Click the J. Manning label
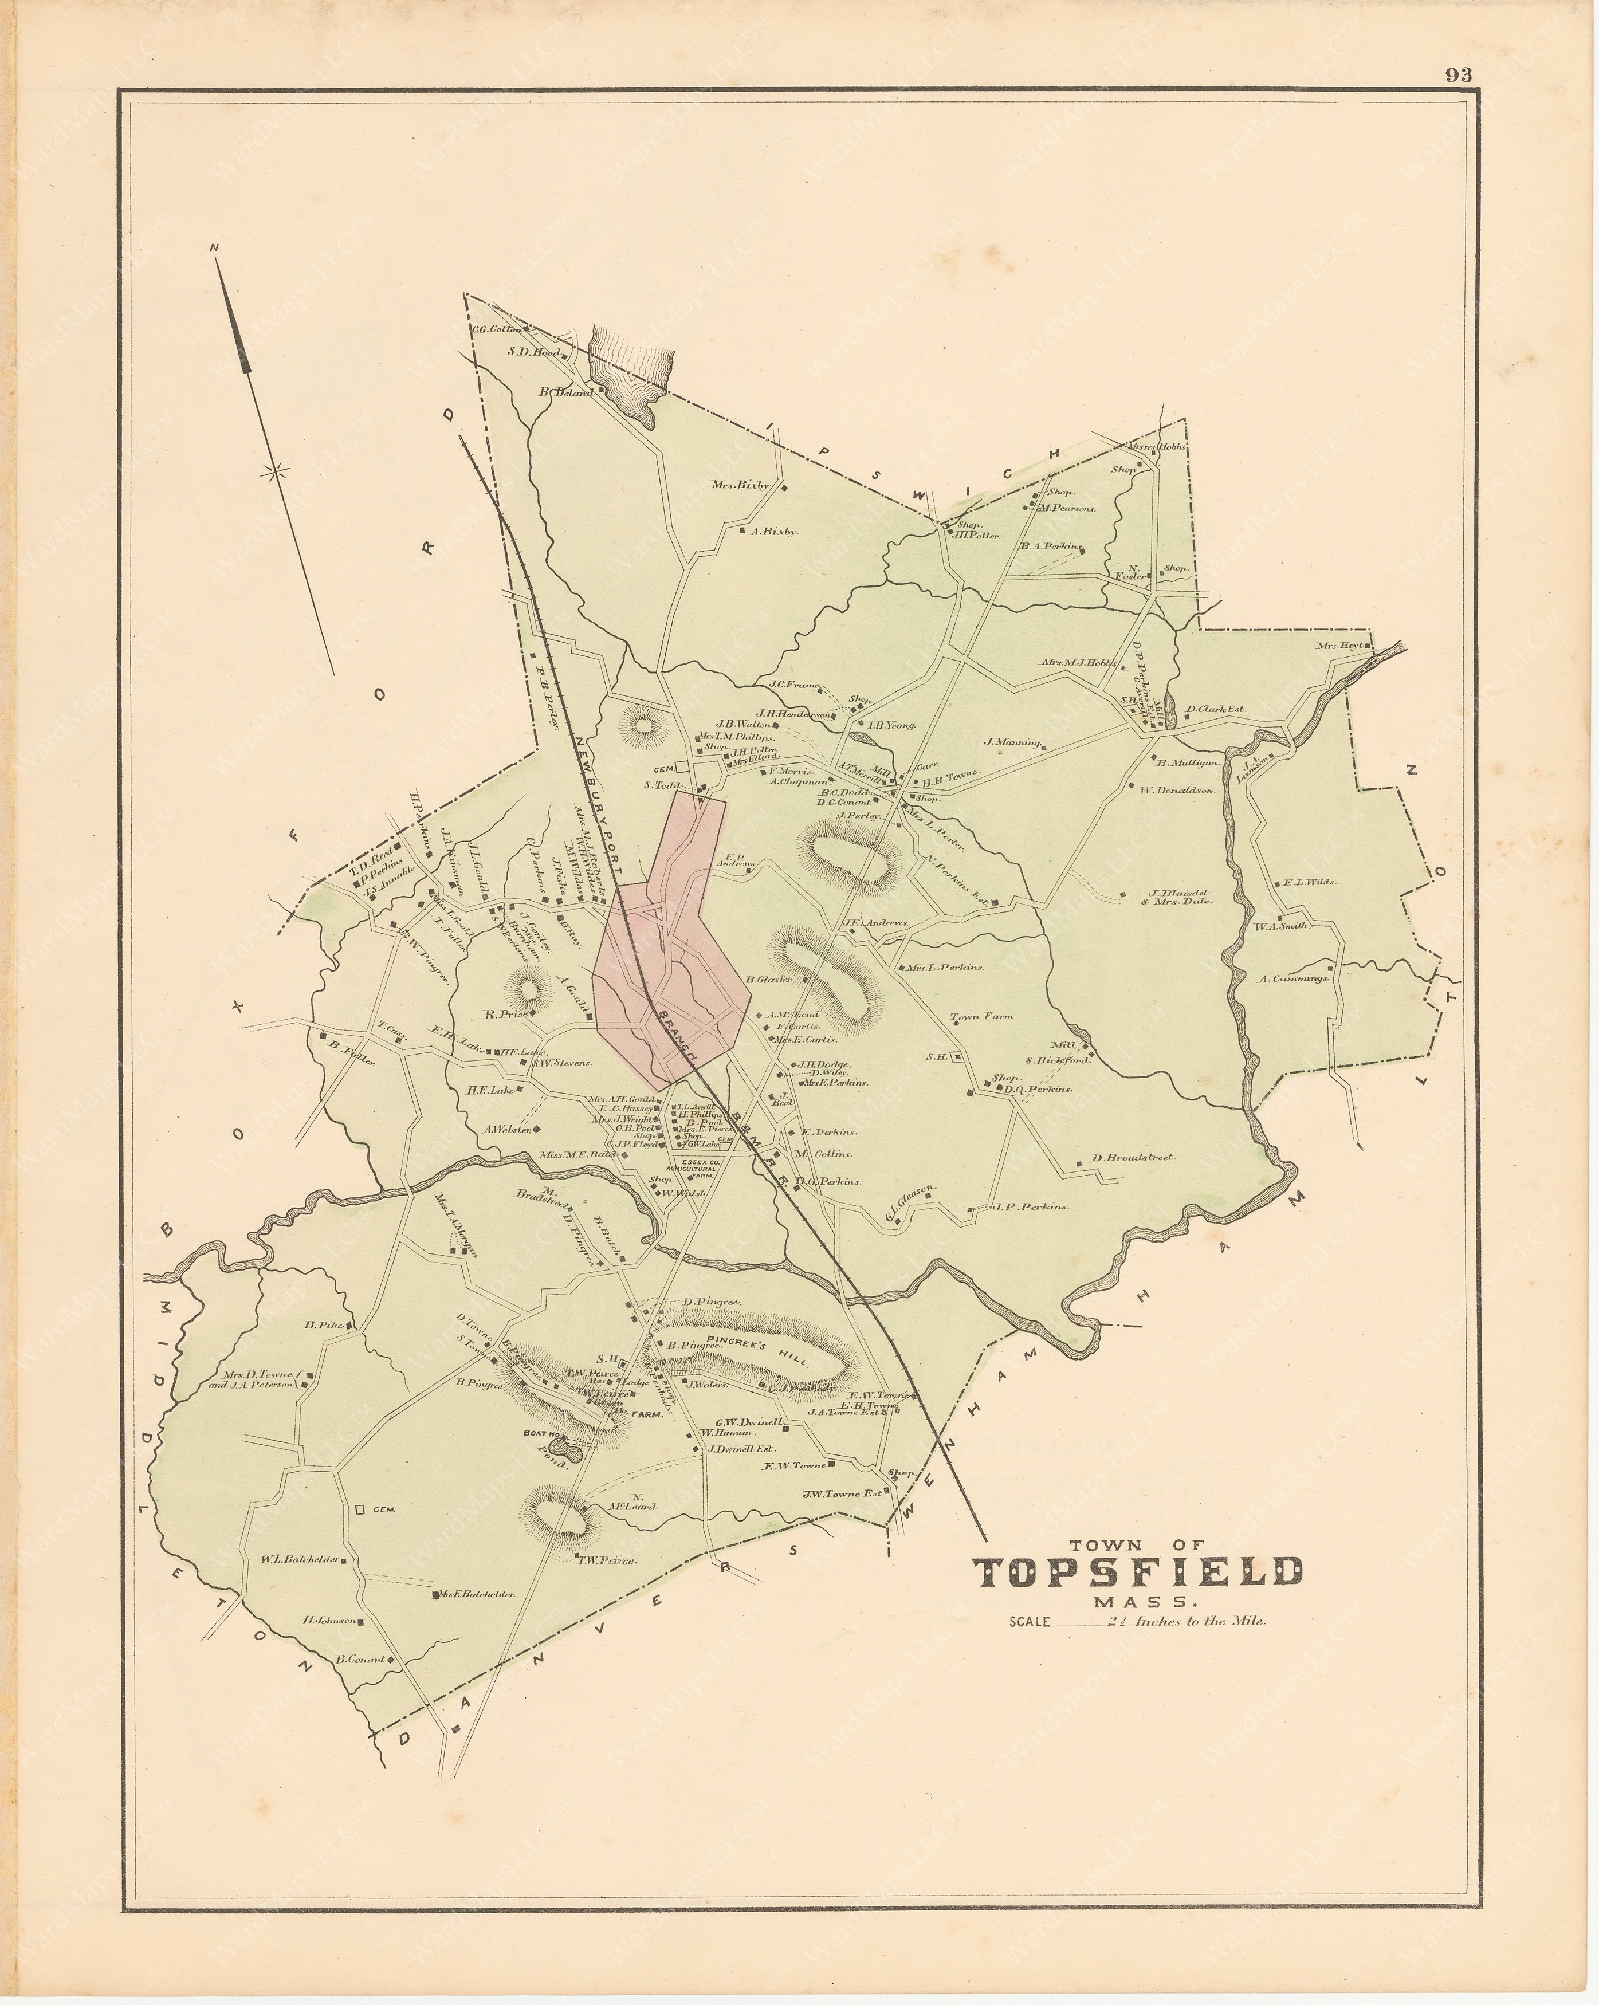coord(1015,742)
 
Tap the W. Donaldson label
coord(1177,791)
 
